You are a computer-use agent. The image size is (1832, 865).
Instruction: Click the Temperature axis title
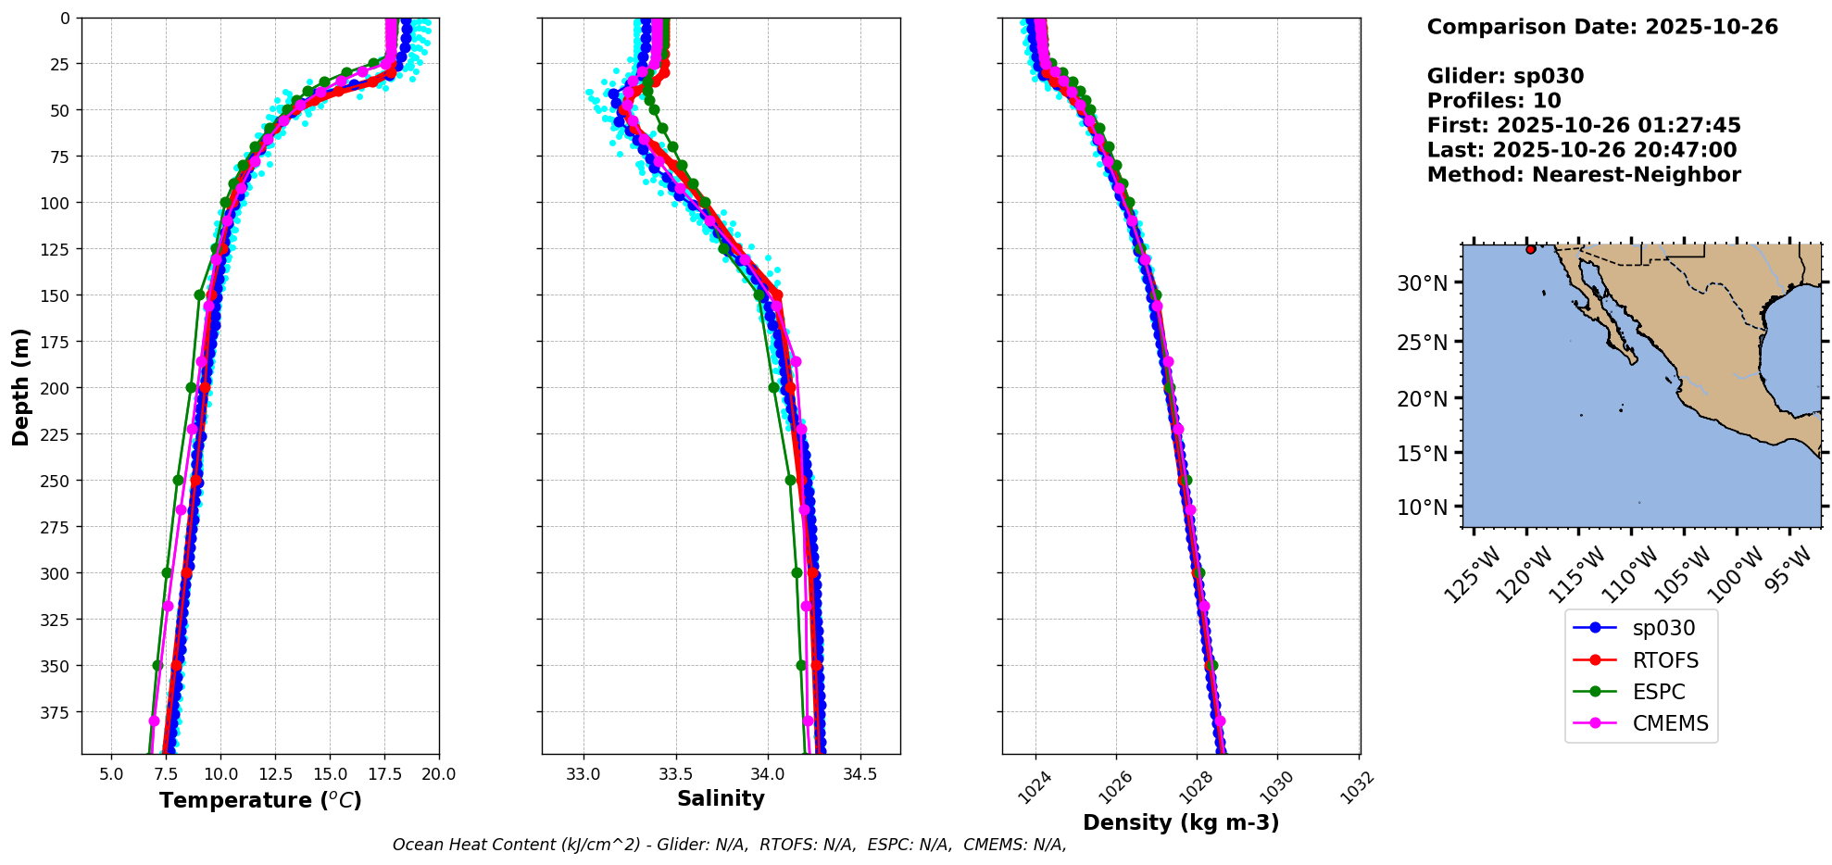point(260,800)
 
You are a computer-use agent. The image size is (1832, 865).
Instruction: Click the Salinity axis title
point(721,798)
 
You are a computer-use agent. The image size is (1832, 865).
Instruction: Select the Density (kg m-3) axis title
point(1181,822)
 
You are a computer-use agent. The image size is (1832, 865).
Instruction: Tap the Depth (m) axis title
point(20,386)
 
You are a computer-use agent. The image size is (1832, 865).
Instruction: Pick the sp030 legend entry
point(1663,628)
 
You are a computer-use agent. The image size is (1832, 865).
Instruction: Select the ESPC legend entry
point(1658,692)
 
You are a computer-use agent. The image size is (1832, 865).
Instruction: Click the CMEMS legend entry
point(1670,723)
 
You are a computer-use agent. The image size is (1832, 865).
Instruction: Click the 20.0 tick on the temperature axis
point(439,774)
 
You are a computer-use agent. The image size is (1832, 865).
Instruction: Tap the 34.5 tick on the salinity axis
point(860,774)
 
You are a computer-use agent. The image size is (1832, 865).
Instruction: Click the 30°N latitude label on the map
point(1422,283)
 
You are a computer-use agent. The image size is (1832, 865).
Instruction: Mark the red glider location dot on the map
point(1530,249)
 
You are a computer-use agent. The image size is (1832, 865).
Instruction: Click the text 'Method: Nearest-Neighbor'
point(1584,175)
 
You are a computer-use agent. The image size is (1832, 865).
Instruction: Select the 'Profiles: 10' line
point(1494,101)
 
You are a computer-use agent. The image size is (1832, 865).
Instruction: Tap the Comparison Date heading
point(1602,27)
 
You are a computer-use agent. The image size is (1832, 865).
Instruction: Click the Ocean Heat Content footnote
point(729,845)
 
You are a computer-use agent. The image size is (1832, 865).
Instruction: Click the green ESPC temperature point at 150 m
point(199,295)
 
